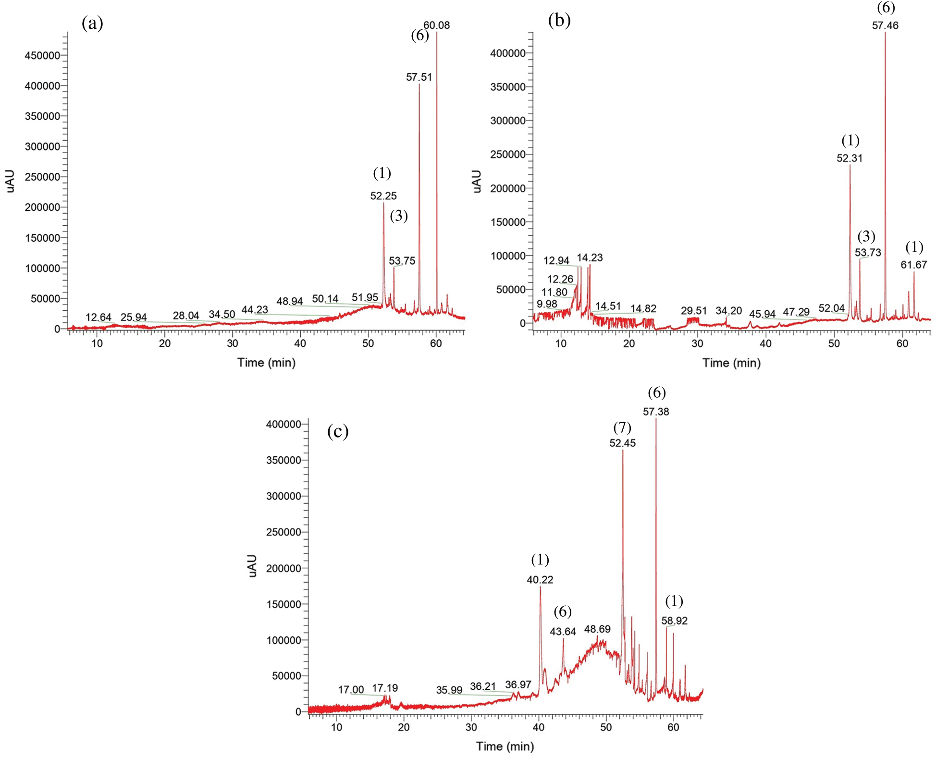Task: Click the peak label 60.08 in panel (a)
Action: (436, 25)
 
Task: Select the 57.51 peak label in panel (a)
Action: (419, 77)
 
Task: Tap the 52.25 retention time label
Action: (383, 195)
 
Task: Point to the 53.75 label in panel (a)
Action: (402, 261)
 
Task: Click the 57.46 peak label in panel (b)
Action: (885, 25)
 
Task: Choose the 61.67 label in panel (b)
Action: (913, 264)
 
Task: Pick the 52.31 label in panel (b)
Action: (850, 158)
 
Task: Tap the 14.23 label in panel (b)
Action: (590, 257)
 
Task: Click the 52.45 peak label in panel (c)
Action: (622, 443)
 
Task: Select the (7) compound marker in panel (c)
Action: (622, 427)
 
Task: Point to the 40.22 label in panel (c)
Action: (540, 580)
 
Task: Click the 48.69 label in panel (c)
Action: (597, 629)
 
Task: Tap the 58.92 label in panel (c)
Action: (674, 621)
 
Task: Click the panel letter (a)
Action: (92, 23)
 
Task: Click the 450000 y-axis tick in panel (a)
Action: (42, 55)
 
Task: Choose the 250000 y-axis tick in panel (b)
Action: (508, 155)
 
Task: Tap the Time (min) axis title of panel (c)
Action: (505, 746)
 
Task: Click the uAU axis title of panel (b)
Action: (477, 182)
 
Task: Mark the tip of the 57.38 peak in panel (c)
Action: (656, 419)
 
